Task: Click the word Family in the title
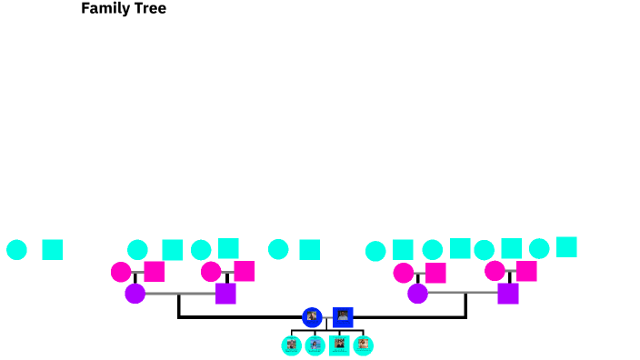point(103,9)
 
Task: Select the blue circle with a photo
point(312,317)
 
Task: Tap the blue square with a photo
point(343,317)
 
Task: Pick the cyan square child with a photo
point(339,345)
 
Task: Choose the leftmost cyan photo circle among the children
point(292,345)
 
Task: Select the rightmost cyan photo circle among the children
point(364,345)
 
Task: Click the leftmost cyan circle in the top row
point(16,250)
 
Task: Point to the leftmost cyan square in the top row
point(53,250)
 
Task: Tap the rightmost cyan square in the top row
point(566,247)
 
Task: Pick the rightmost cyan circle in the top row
point(539,248)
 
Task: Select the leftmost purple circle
point(135,294)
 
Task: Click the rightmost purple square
point(508,294)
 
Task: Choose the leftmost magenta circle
point(121,272)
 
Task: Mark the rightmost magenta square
point(526,271)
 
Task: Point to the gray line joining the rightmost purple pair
point(463,293)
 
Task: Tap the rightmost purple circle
point(418,294)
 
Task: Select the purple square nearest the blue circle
point(225,294)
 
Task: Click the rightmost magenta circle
point(495,271)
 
